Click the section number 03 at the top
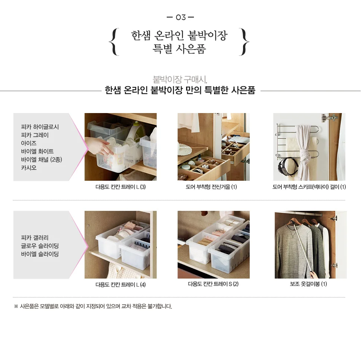pos(180,17)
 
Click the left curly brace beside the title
pos(114,42)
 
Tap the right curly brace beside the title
pos(244,42)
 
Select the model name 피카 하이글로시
pos(40,127)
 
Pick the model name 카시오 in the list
pos(29,168)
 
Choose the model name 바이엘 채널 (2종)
pos(41,160)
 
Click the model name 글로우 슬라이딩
pos(40,246)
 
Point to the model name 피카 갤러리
pos(35,238)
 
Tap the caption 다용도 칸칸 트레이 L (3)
pos(121,187)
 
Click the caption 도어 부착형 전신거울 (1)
pos(211,187)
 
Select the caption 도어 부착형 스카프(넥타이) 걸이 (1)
pos(309,187)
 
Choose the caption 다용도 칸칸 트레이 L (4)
pos(121,285)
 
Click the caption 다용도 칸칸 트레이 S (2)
pos(213,284)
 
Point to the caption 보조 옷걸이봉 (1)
pos(309,284)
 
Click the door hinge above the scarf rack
pos(330,118)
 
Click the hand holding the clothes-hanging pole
pos(314,274)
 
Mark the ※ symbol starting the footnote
pos(16,306)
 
